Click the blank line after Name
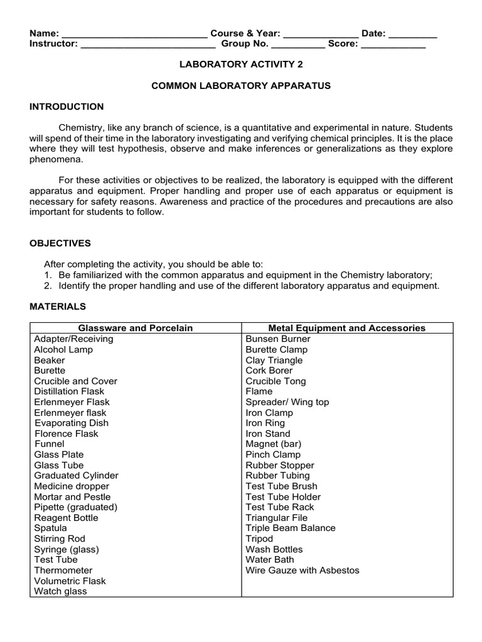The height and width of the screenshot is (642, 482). coord(134,34)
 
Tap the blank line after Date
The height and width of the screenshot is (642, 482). coord(412,34)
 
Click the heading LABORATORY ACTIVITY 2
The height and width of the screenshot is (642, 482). coord(241,64)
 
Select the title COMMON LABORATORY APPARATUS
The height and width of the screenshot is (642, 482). coord(241,85)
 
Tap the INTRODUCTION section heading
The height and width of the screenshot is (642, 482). coord(67,107)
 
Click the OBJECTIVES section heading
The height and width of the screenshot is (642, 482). coord(60,243)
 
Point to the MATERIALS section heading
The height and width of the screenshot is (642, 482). coord(58,307)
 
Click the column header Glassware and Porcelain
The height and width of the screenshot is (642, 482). coord(136,328)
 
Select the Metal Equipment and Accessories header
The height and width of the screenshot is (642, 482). coord(346,328)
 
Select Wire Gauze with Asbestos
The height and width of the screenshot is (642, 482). coord(303,570)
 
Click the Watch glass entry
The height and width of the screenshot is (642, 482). coord(60,591)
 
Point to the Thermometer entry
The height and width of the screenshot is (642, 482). coord(63,570)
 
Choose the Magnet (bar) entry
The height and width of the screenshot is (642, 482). coord(274,444)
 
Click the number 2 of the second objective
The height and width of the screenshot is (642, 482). coord(47,286)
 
